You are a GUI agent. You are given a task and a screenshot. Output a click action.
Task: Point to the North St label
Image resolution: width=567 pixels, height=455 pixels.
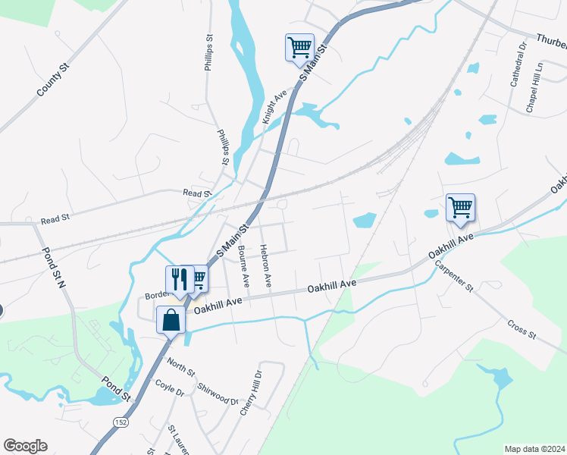pos(181,367)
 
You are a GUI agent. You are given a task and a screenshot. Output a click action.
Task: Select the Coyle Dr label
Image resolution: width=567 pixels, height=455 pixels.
pos(170,388)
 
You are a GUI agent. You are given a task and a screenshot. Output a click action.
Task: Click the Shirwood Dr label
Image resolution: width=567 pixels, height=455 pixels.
pos(218,394)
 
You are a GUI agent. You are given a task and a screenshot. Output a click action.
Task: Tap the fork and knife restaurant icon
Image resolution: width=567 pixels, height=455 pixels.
pos(177,278)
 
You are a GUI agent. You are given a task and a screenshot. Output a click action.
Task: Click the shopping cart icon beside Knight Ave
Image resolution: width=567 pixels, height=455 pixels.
pos(299,47)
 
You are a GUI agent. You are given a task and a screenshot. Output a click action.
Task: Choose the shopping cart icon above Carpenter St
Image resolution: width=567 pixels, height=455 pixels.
pos(460,207)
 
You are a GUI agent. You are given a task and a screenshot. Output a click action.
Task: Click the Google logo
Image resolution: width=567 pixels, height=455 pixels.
pos(25,446)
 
